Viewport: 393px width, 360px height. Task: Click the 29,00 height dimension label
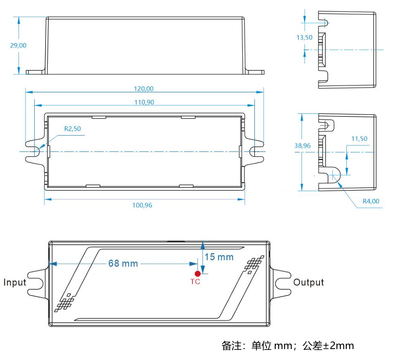[18, 45]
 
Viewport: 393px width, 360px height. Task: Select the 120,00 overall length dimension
[144, 88]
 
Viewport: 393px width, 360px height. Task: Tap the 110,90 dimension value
[144, 102]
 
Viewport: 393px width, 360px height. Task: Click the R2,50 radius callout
[72, 129]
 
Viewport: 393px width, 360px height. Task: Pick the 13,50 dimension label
[304, 38]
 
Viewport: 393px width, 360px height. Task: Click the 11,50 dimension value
[359, 139]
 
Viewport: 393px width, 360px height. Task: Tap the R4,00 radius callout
[371, 201]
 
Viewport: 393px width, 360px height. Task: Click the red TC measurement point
[197, 274]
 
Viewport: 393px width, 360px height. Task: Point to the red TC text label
[195, 282]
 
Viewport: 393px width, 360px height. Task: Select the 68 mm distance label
[123, 263]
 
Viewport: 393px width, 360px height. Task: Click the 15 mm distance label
[219, 257]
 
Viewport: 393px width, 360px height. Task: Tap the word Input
[15, 283]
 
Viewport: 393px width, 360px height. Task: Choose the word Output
[308, 283]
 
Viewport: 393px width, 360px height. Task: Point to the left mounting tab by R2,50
[34, 151]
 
